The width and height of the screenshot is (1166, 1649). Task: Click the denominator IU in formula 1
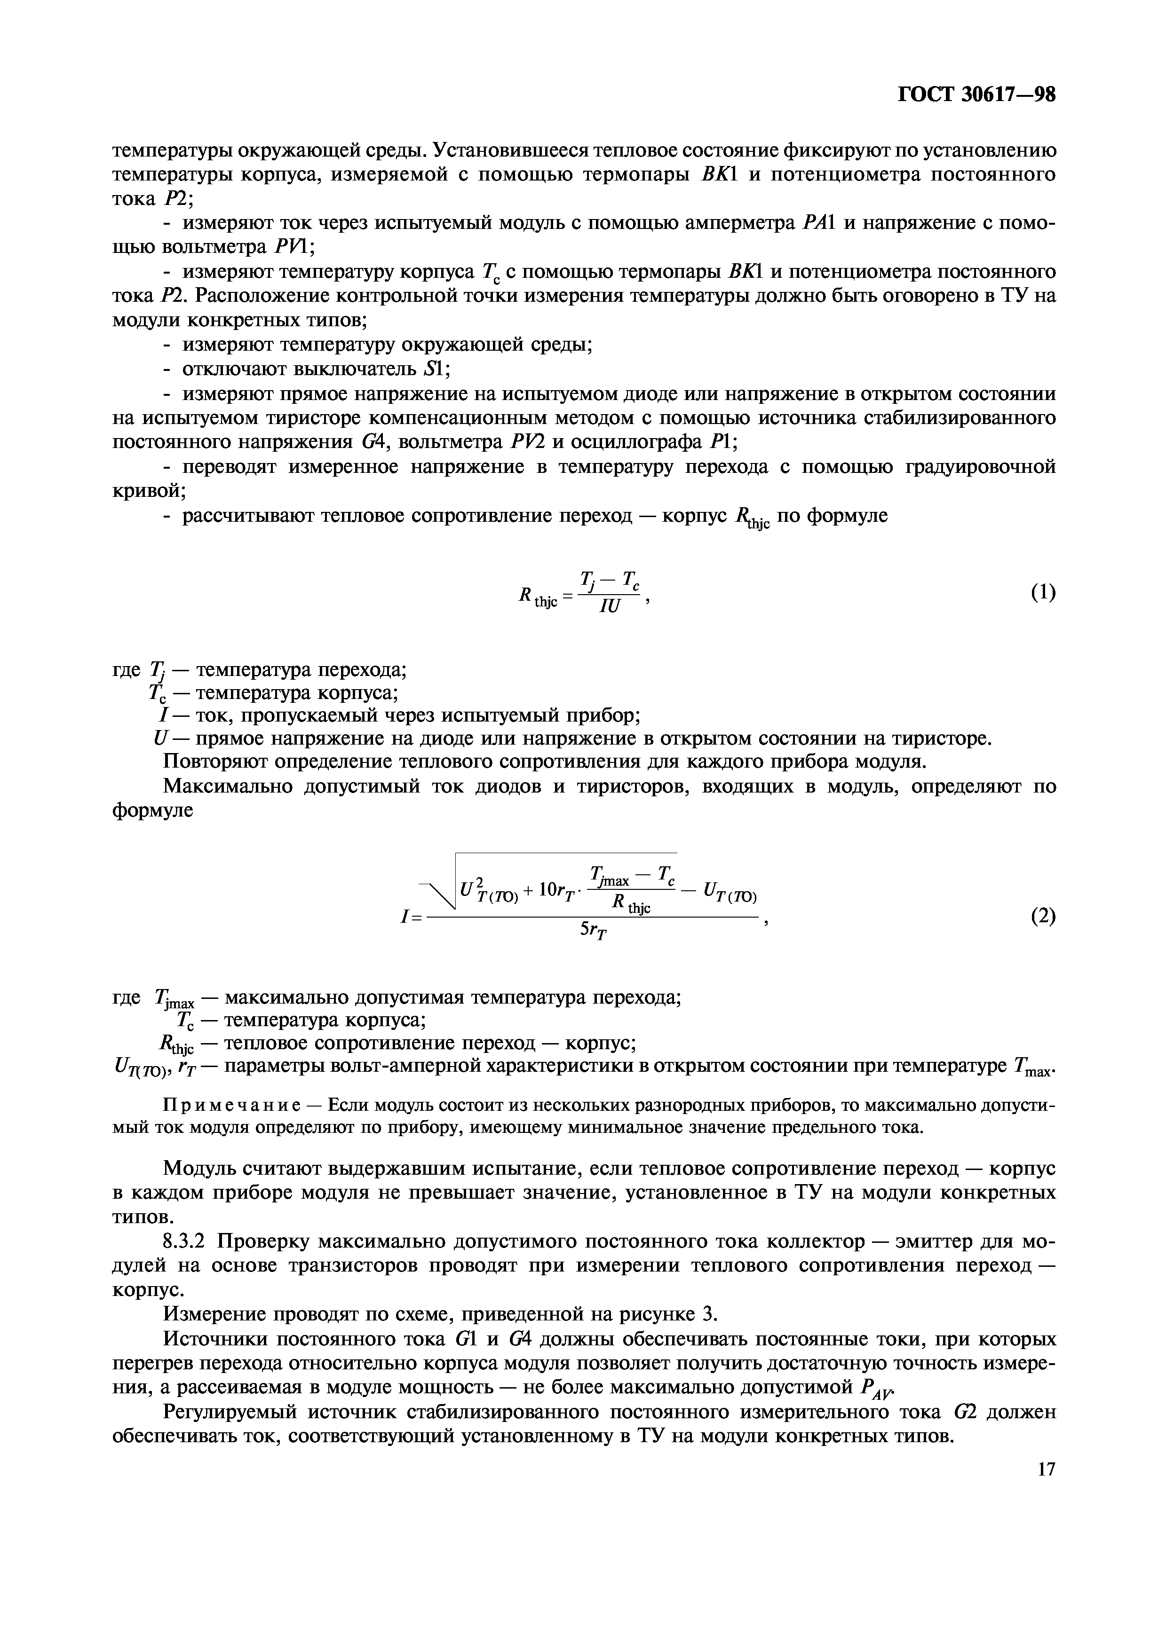[609, 607]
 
